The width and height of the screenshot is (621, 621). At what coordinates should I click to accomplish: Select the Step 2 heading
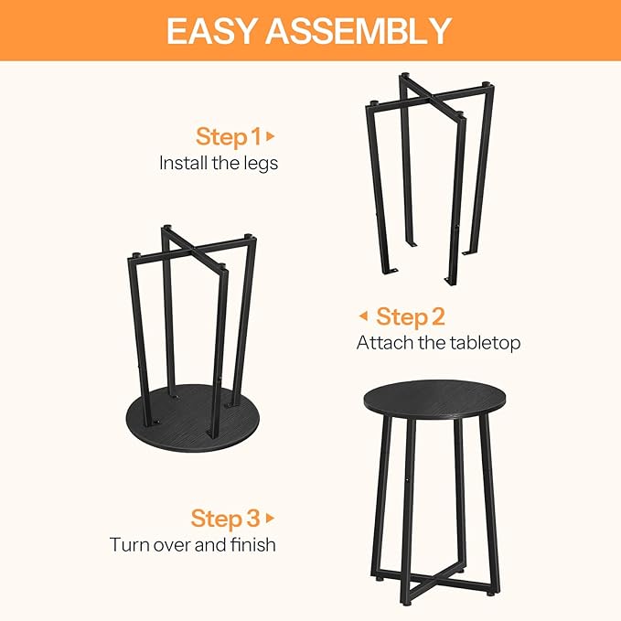410,317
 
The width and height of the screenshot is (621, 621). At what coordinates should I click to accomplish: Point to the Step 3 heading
225,519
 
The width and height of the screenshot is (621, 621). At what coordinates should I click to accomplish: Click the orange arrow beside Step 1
271,137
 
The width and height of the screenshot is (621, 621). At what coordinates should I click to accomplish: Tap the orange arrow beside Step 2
363,317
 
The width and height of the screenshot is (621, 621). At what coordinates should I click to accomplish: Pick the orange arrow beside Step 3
270,519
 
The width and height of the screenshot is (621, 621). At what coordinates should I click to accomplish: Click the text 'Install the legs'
219,164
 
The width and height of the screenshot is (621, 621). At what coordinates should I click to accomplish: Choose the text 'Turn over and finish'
193,545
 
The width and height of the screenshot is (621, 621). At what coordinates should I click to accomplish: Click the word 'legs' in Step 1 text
260,165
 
